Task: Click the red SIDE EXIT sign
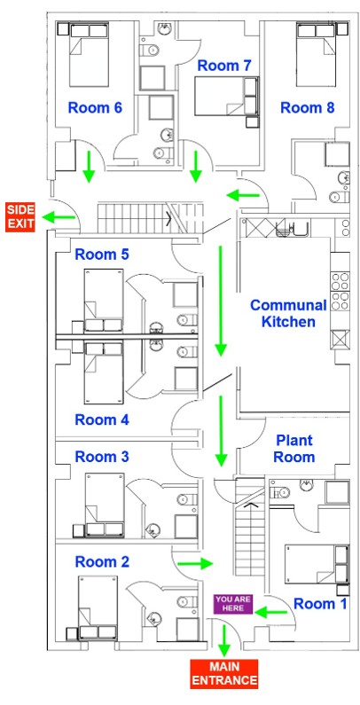click(x=20, y=217)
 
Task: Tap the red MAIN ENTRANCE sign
click(x=223, y=674)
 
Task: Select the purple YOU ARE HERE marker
click(x=233, y=604)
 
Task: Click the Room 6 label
click(x=95, y=108)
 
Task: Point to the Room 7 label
click(x=224, y=66)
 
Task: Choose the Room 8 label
click(x=308, y=108)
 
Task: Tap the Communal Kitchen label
click(x=288, y=313)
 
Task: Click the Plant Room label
click(x=293, y=449)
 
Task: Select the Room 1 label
click(x=320, y=604)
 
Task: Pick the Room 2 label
click(x=102, y=561)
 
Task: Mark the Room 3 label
click(x=102, y=457)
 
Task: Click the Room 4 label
click(x=102, y=420)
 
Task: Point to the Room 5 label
click(x=102, y=255)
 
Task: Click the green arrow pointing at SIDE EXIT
click(x=59, y=217)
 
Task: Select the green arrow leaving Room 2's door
click(x=195, y=563)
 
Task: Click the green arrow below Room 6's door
click(x=89, y=167)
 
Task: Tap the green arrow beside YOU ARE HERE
click(x=270, y=612)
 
